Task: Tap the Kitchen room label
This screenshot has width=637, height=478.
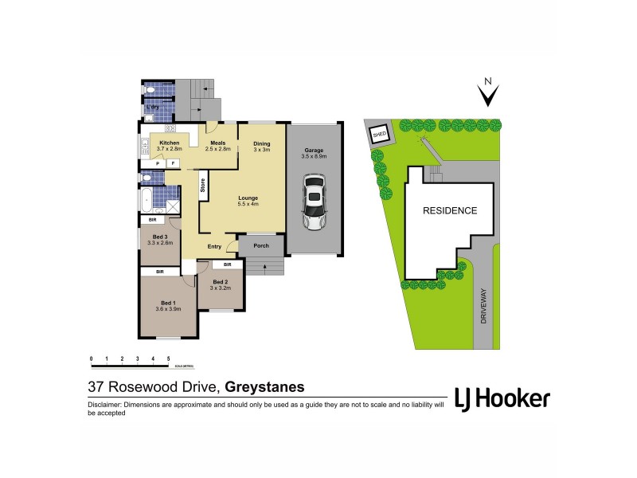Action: [170, 143]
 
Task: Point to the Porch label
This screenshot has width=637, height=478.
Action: [261, 245]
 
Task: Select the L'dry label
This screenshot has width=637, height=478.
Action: [153, 107]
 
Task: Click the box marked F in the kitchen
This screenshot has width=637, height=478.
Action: [171, 163]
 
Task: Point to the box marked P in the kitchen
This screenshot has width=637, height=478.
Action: [157, 163]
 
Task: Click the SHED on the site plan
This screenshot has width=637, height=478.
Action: [380, 135]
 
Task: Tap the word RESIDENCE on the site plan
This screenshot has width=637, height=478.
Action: [449, 211]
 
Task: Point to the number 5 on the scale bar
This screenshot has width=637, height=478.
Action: [168, 359]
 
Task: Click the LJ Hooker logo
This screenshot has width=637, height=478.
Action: [502, 398]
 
